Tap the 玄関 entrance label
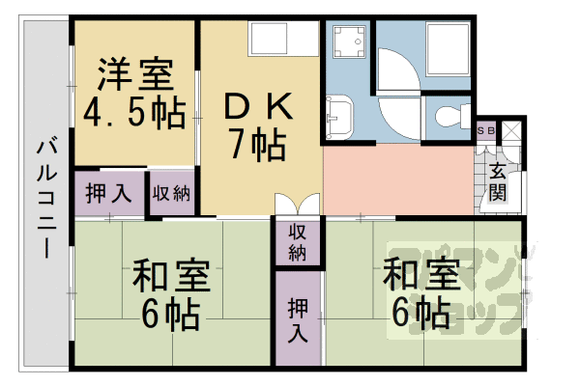(497, 182)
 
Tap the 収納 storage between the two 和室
(298, 242)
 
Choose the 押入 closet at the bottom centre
(298, 319)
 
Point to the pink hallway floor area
(396, 179)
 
